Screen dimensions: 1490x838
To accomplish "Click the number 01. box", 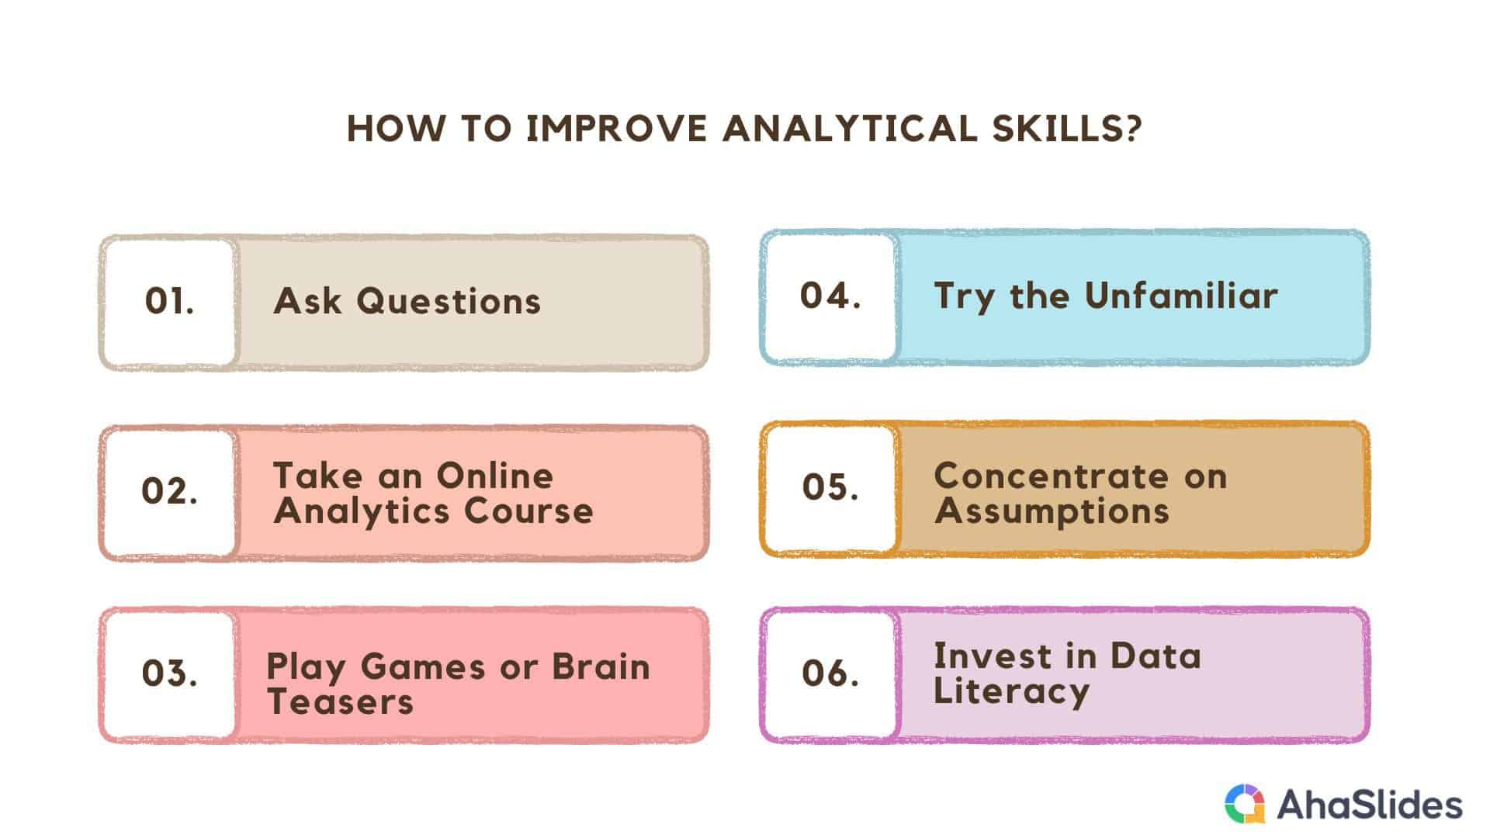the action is click(169, 302).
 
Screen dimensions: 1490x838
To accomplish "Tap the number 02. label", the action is click(169, 492).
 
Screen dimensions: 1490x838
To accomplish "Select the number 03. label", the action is click(169, 673).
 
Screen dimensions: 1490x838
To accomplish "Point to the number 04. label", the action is click(830, 296).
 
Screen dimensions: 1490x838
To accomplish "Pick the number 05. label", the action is click(830, 487).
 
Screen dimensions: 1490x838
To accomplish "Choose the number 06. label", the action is click(830, 673).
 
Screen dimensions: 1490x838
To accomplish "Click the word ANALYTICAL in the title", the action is click(850, 129).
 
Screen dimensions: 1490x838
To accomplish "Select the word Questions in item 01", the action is click(449, 302).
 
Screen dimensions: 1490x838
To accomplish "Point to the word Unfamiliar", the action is click(1181, 296).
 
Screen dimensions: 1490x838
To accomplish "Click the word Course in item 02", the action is click(528, 511).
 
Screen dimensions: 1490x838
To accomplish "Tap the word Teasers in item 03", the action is click(340, 702).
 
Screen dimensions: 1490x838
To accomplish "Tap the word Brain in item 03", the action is click(601, 667).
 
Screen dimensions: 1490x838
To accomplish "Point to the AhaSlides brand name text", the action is click(1370, 805).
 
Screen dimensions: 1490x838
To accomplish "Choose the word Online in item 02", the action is click(494, 476).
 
